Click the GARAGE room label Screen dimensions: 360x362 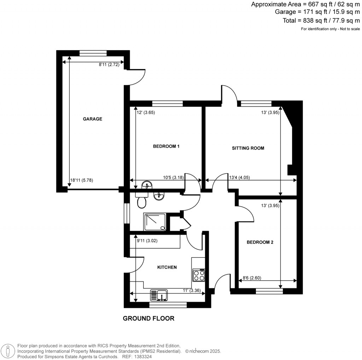[x=92, y=119]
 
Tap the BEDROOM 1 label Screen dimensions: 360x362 [x=166, y=146]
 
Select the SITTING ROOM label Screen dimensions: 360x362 [x=248, y=148]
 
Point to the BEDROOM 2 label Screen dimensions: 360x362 [x=260, y=242]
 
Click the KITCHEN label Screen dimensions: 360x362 [x=167, y=267]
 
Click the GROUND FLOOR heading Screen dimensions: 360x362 [x=148, y=318]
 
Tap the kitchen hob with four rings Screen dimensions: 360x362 [x=199, y=275]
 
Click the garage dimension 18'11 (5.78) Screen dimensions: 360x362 [x=82, y=180]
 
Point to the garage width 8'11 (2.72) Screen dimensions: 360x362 [x=109, y=64]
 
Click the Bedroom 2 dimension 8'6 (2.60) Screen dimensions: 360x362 [x=253, y=278]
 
